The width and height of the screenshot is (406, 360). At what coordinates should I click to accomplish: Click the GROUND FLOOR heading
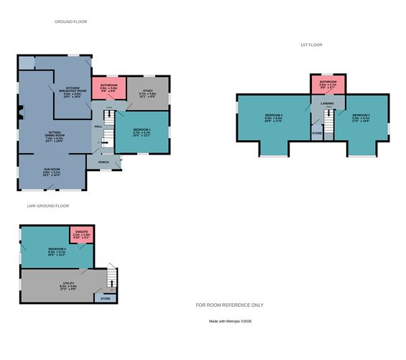click(70, 22)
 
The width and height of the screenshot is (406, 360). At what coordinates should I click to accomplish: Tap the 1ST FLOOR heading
click(310, 45)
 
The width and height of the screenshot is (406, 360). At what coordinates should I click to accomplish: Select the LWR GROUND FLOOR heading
click(47, 206)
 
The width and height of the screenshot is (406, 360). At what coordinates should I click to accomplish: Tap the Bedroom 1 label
click(142, 131)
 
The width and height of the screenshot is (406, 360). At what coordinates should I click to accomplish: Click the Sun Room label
click(51, 172)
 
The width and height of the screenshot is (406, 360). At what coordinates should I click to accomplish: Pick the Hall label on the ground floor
click(97, 127)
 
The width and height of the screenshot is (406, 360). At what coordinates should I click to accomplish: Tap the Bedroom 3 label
click(272, 116)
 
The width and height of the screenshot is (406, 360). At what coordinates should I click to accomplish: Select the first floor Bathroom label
click(328, 83)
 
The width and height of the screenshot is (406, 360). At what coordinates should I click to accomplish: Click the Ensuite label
click(81, 233)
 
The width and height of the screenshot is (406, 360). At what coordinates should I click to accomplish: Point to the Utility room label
click(68, 286)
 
